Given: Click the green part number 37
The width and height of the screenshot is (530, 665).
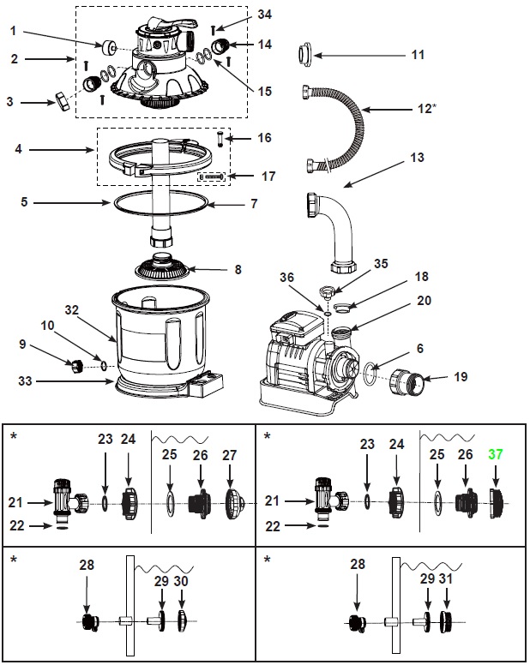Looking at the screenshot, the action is coord(495,454).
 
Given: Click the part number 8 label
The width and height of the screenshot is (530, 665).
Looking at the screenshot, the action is coord(238,270).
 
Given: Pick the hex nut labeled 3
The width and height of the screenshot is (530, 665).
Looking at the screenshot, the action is coord(62,102).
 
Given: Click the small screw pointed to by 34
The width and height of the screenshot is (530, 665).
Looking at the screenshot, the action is coord(213,30).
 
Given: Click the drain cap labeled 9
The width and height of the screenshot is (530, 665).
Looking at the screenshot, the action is coord(78,366).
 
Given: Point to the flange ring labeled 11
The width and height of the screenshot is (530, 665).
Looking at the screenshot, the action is coord(305,55).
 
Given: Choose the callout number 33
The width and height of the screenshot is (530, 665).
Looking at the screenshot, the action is coord(25,380).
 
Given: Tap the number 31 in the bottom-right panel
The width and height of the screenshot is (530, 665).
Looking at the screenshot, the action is coord(446,579).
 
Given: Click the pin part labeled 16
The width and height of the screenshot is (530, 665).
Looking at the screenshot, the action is coord(220,139).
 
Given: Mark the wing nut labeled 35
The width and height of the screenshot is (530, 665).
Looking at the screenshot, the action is coord(327,292).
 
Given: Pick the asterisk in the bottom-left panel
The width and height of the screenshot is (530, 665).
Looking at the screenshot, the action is coord(14,560).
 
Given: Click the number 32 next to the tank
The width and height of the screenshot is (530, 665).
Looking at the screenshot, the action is coord(72,310).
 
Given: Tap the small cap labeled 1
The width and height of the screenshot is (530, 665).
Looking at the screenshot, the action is coord(108,47).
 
